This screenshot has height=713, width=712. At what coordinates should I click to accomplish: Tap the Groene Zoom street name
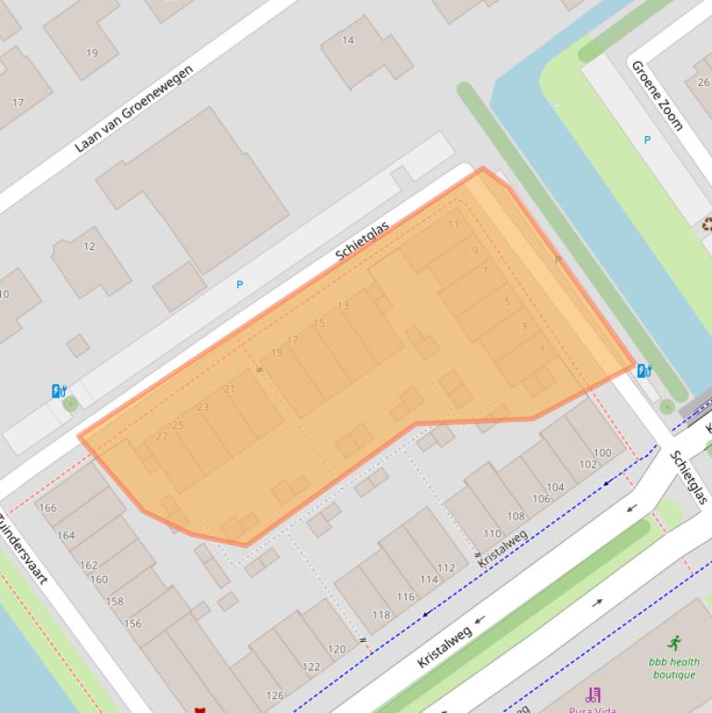pos(656,94)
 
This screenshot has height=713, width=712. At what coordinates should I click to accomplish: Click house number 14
pos(348,40)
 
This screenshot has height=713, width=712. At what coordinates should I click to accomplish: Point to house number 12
pos(89,246)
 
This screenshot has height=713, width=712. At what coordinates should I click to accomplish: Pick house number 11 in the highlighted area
pos(454,224)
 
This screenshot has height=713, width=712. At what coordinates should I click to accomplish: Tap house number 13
pos(344,306)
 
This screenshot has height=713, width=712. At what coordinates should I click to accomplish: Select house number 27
pos(162,436)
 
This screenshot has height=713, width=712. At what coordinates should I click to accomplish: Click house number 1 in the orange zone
pos(543,350)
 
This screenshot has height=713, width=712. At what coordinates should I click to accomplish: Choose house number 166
pos(47,507)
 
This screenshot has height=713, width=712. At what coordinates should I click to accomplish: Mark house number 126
pos(275,695)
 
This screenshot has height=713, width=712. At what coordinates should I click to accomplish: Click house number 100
pos(602,453)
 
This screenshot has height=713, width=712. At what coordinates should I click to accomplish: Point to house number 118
pos(381,615)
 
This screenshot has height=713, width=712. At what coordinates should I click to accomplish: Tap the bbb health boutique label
pos(673,668)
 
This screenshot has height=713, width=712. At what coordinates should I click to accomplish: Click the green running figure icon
pos(674,643)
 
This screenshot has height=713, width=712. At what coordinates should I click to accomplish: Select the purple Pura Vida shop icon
pos(593,694)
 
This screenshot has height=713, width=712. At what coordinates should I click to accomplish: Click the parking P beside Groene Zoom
pos(647,140)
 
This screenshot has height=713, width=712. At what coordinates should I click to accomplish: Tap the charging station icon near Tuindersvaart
pos(58,392)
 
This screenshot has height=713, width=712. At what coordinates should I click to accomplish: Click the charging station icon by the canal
pos(644,371)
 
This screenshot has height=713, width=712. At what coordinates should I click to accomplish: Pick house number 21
pos(230,389)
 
